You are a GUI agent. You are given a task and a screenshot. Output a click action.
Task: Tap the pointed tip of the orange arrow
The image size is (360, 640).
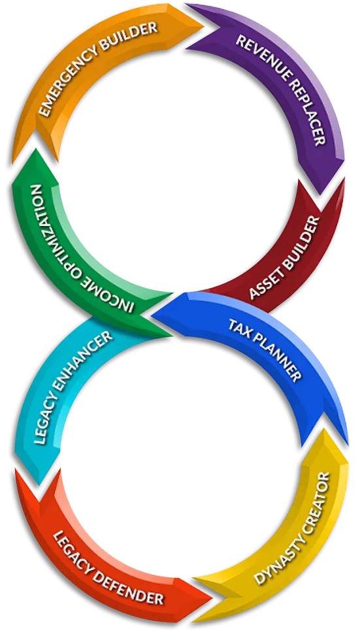tap(203, 25)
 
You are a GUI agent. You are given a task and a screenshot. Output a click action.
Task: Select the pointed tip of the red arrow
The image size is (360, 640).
tap(212, 599)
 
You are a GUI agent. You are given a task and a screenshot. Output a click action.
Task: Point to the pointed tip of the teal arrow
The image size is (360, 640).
tap(39, 485)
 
